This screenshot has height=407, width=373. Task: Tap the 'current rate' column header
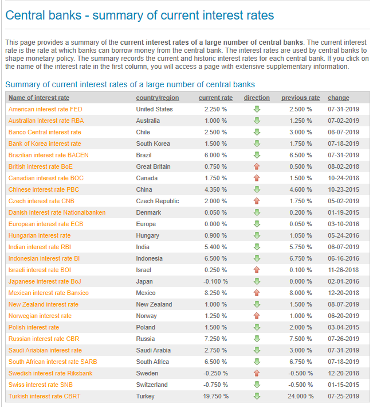pos(215,98)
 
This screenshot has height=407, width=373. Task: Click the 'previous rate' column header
pos(300,98)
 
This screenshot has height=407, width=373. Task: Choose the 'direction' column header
pos(257,98)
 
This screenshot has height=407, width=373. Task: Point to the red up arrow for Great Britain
pos(257,166)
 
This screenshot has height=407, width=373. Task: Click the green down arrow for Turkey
pos(257,396)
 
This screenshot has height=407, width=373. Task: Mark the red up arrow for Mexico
pos(257,293)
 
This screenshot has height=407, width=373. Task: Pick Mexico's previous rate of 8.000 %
pos(300,293)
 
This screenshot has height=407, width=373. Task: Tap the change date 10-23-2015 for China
pos(343,189)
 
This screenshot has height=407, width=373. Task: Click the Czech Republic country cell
pos(158,201)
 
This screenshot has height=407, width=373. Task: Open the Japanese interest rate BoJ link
pos(44,281)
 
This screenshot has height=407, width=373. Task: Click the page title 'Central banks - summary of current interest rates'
pos(139,15)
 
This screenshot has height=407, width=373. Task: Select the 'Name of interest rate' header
pos(39,98)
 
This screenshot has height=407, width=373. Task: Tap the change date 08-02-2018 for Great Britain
pos(343,166)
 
